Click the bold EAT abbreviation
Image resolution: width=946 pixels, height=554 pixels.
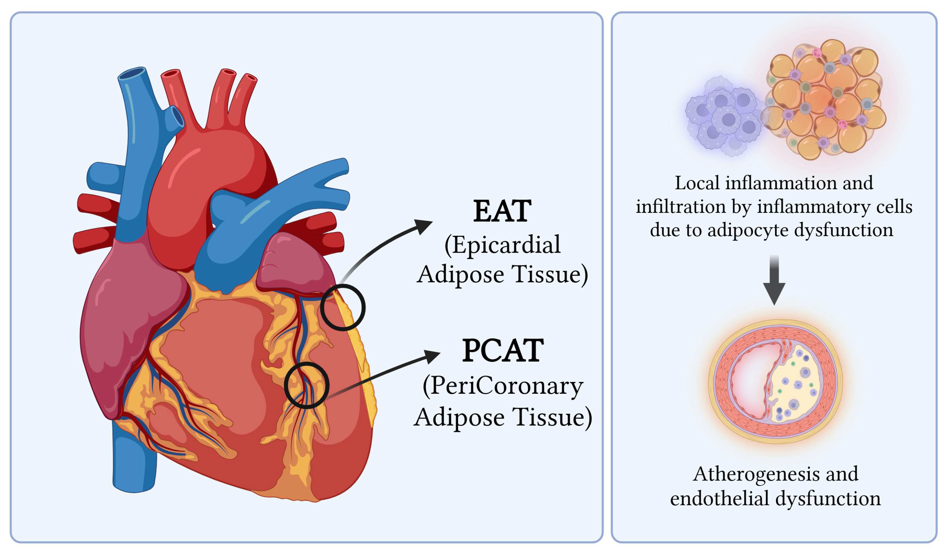tap(502, 212)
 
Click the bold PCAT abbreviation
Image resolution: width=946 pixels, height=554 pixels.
tap(503, 351)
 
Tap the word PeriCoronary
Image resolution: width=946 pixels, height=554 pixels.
tap(506, 386)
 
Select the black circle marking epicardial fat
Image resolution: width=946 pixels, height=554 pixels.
tap(343, 307)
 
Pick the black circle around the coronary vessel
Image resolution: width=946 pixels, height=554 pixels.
tap(307, 385)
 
